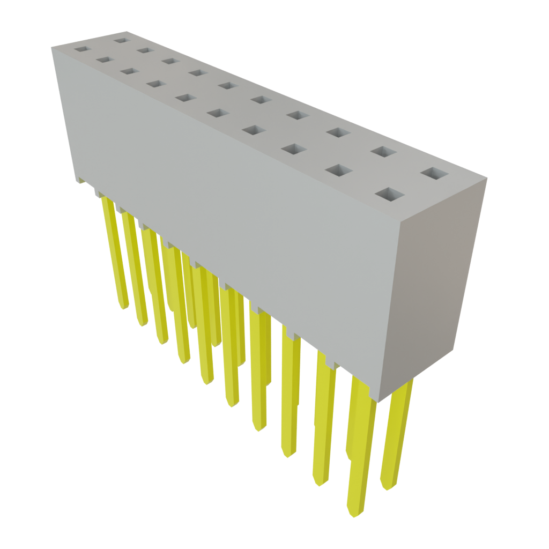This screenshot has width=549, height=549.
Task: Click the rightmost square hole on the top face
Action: tap(435, 174)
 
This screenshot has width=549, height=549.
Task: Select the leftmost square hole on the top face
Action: tap(80, 49)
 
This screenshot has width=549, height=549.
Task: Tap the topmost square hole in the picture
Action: tap(121, 40)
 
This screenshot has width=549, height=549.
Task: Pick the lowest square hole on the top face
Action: tap(390, 194)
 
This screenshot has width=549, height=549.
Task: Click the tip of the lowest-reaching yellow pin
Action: tap(354, 515)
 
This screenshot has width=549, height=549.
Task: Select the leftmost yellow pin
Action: tap(115, 252)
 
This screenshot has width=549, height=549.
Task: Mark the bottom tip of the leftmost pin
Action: tap(124, 308)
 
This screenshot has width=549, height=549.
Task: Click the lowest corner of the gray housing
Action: tap(377, 401)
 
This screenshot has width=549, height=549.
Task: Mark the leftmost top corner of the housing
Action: tap(51, 49)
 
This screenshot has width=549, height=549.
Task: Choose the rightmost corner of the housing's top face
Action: tap(487, 180)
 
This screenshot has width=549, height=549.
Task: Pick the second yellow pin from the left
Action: tap(134, 268)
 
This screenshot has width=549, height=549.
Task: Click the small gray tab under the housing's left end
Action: tap(80, 181)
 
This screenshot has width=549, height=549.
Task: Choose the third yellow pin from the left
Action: tap(154, 284)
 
